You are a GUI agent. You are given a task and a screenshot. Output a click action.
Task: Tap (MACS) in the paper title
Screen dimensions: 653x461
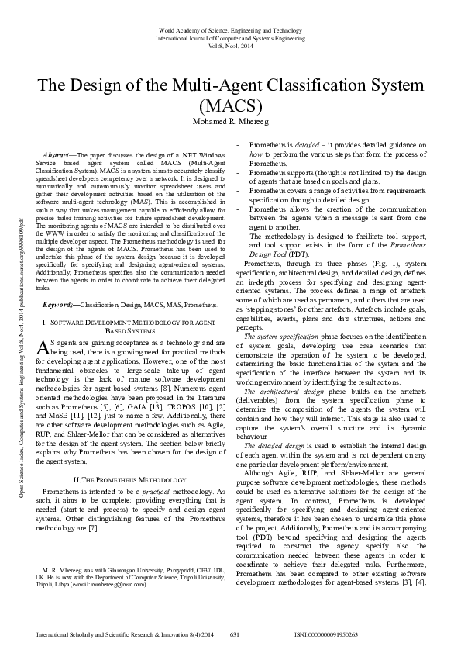230,105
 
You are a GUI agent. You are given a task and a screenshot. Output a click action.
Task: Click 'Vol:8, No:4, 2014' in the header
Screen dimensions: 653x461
230,45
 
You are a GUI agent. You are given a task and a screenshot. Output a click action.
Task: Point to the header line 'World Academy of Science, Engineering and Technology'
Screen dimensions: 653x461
230,29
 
